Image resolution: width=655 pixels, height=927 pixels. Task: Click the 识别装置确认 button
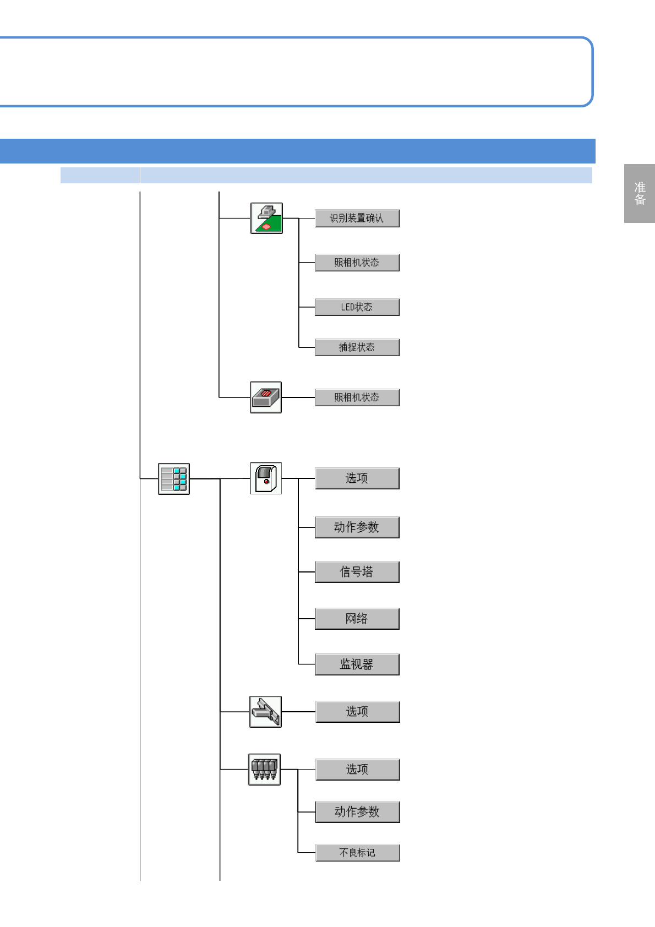click(357, 219)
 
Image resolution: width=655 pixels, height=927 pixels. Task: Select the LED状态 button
click(357, 307)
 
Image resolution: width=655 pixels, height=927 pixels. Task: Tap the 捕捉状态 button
click(357, 347)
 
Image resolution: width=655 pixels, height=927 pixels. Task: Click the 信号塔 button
click(357, 572)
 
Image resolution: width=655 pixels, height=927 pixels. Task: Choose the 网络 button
click(357, 619)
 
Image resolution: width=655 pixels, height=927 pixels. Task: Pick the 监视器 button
click(357, 664)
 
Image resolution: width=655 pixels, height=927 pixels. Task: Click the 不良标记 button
click(357, 853)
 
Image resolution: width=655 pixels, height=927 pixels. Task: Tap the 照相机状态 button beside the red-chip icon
click(357, 397)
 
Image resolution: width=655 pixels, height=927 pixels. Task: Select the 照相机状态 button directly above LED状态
click(357, 263)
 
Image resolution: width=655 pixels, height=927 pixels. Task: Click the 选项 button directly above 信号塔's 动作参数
click(357, 478)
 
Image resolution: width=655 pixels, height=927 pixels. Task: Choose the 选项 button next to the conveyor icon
click(357, 712)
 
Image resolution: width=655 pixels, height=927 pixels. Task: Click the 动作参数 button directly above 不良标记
click(357, 812)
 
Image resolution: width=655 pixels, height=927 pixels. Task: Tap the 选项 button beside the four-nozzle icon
click(357, 770)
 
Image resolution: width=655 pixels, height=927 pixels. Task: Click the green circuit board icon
click(266, 219)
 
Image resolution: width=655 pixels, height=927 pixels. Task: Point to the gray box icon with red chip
click(266, 397)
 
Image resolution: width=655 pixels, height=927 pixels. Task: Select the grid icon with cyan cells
click(174, 479)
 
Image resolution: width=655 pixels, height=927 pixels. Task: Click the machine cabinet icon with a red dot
click(266, 478)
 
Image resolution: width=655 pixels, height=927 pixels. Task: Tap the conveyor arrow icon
click(265, 712)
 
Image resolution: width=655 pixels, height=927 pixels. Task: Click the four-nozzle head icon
click(265, 770)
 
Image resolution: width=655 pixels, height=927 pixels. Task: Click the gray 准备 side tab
click(640, 193)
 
